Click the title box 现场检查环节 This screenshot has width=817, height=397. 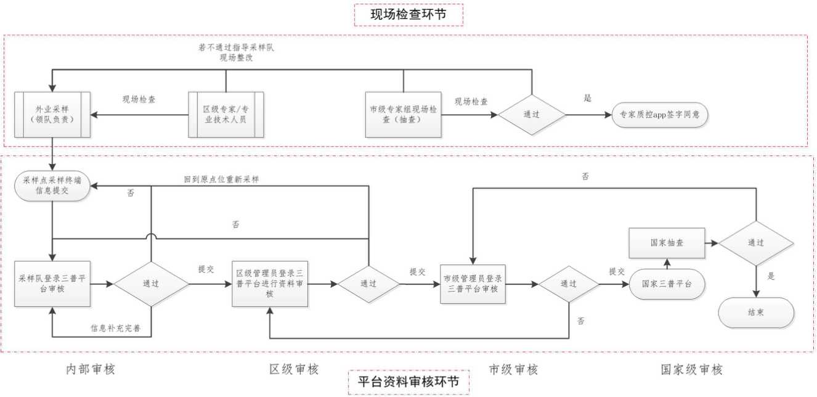[x=408, y=15]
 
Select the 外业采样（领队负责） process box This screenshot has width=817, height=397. [x=52, y=115]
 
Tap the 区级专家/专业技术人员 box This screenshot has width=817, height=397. [x=226, y=115]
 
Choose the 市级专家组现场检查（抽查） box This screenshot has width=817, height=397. [x=403, y=115]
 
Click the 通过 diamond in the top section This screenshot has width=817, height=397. [x=532, y=115]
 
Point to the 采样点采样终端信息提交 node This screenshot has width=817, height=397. [x=52, y=186]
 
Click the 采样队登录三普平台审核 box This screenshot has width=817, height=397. [x=52, y=284]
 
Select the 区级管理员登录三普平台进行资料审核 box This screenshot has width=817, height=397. [x=269, y=284]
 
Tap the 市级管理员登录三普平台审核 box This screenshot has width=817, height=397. [x=473, y=284]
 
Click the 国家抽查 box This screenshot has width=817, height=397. [x=666, y=243]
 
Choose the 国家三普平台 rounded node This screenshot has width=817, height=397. [x=666, y=284]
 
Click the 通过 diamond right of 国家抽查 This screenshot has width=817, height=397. [x=756, y=243]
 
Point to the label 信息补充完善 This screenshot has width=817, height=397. [x=115, y=327]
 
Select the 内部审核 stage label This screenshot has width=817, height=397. [x=91, y=369]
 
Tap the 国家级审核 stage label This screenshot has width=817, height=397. [x=691, y=370]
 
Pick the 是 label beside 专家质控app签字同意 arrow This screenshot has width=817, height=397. [x=587, y=98]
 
